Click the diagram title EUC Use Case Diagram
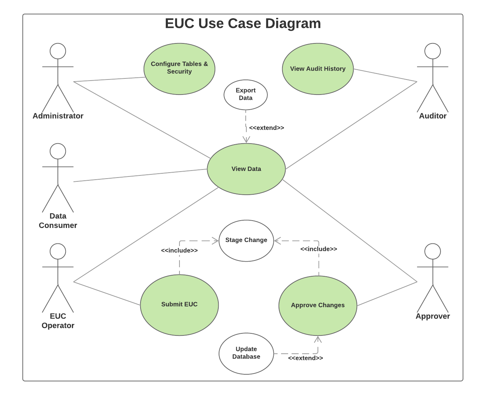(243, 23)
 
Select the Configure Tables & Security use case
(179, 69)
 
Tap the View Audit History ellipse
(318, 69)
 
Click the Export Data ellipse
(245, 95)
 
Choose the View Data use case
(246, 169)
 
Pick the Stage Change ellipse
(246, 240)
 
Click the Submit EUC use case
(179, 304)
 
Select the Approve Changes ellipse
(318, 305)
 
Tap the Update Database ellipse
(246, 353)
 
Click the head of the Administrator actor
(58, 51)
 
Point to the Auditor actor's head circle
(432, 51)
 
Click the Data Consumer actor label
(58, 221)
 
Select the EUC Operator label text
(58, 321)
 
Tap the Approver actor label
(432, 316)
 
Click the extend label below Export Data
(266, 128)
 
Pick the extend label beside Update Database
(305, 358)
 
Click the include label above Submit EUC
(179, 250)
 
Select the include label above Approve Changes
(319, 249)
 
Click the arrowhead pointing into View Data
(246, 140)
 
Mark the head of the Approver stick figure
(432, 251)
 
